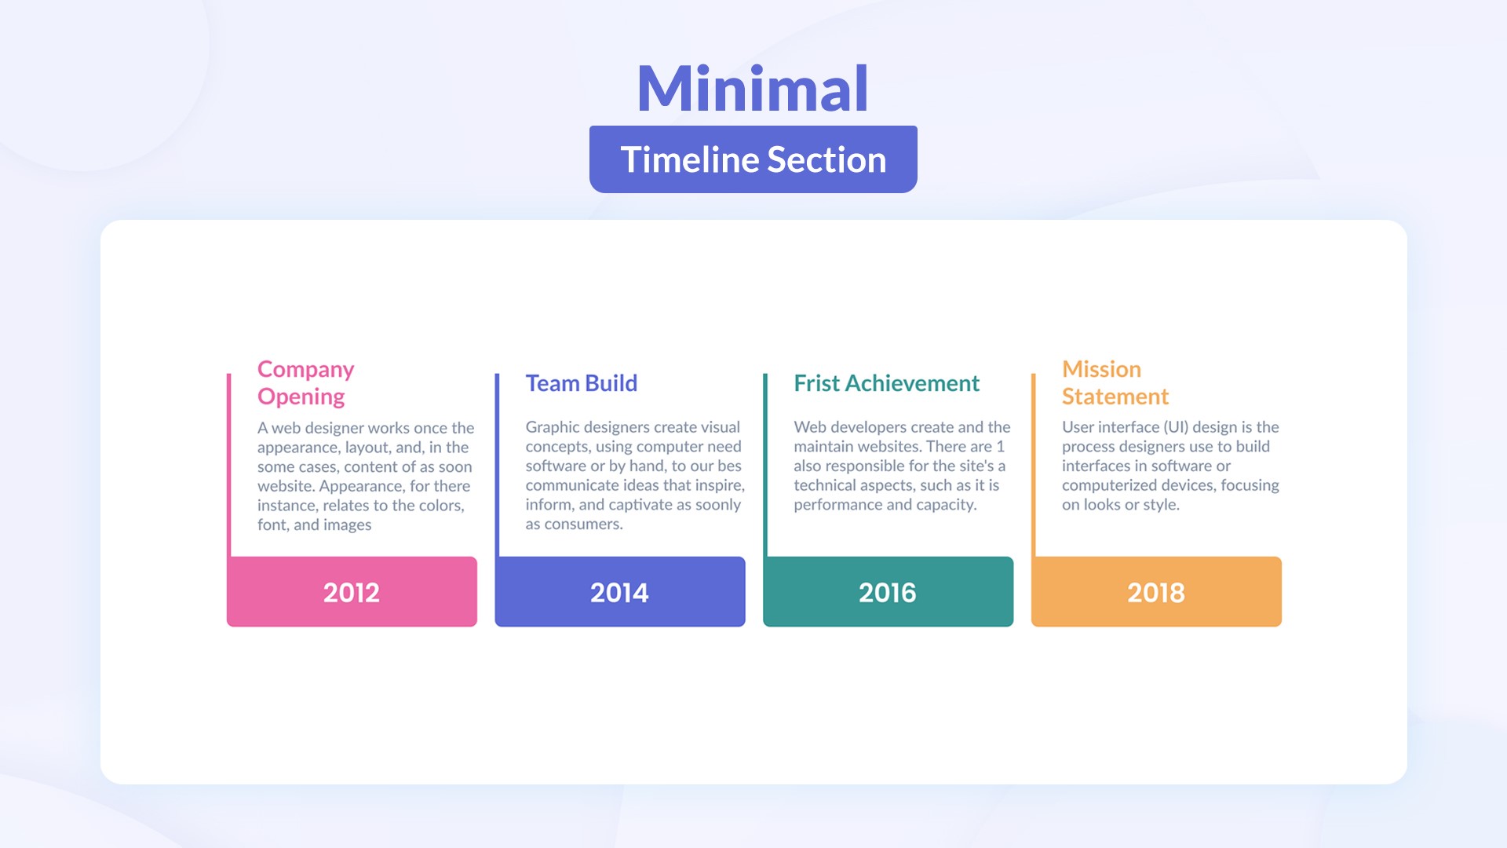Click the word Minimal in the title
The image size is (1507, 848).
pos(752,89)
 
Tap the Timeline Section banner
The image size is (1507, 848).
pos(753,159)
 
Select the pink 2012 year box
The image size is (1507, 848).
pos(352,592)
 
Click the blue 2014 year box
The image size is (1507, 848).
pos(619,592)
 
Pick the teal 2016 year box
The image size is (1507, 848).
pos(888,592)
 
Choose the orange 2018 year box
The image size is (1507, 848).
pos(1156,592)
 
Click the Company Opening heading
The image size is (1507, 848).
pos(305,382)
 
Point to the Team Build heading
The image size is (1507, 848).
pos(581,383)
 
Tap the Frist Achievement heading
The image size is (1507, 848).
pos(886,383)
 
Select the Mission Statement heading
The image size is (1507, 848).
pos(1115,382)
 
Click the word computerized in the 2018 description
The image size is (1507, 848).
pos(1109,485)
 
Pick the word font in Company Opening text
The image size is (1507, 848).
pos(271,525)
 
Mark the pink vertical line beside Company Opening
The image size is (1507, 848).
pos(229,463)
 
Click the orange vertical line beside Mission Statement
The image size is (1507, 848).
pos(1034,463)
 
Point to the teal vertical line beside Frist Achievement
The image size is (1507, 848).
pos(765,463)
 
